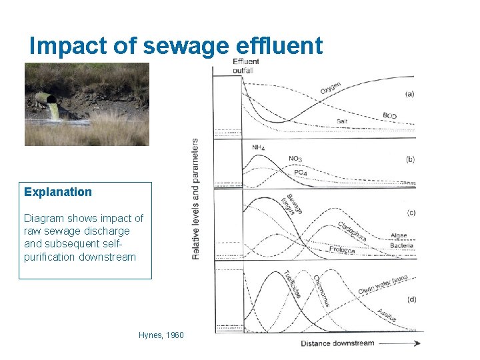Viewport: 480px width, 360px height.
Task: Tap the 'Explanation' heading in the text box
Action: (x=58, y=192)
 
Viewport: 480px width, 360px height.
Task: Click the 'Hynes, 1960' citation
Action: (x=161, y=335)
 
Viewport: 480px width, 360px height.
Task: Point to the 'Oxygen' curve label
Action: (x=331, y=88)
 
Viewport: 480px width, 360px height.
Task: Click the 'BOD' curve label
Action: (x=389, y=116)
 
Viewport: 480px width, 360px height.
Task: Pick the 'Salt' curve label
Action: (x=342, y=121)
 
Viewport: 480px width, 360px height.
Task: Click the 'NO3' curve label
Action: (x=295, y=159)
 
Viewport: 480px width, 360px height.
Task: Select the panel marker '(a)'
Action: (x=409, y=94)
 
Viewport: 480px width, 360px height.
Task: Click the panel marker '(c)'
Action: (x=411, y=213)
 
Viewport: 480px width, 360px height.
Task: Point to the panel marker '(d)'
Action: (x=411, y=299)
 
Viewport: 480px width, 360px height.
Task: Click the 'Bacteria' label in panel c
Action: (x=401, y=245)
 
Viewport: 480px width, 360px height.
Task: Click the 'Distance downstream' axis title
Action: (x=337, y=343)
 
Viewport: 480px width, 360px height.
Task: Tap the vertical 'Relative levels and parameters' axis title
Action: (x=195, y=199)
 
